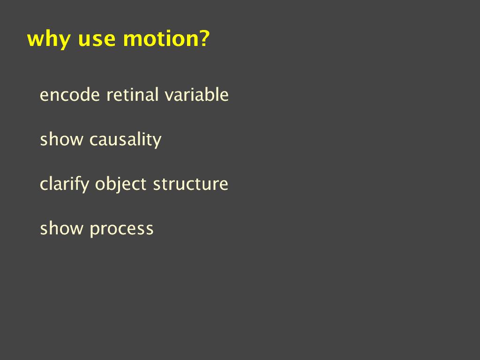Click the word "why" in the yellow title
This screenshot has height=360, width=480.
click(x=49, y=40)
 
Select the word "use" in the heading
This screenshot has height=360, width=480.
click(x=97, y=40)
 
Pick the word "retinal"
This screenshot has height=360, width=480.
click(x=132, y=94)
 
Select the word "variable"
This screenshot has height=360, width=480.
click(x=196, y=94)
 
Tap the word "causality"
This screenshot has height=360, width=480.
click(x=126, y=140)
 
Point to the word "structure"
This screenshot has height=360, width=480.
click(x=191, y=184)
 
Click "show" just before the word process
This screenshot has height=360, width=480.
click(x=61, y=228)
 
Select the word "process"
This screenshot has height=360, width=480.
click(x=121, y=230)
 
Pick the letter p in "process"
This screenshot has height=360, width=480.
click(x=94, y=230)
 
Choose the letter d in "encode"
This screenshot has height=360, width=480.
click(x=83, y=94)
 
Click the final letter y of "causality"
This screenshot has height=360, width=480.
click(x=157, y=142)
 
